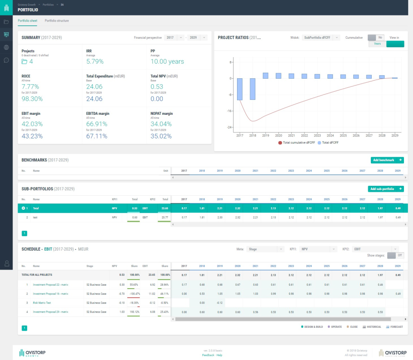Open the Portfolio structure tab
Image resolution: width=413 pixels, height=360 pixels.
tap(56, 21)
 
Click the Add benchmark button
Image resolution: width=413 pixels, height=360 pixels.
tap(387, 160)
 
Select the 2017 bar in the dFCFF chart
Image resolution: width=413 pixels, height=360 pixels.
tap(240, 89)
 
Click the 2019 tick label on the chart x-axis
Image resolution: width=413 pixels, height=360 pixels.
tap(265, 135)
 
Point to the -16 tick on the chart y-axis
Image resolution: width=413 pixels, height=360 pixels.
tap(230, 111)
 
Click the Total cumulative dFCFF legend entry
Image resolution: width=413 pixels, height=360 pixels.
tap(299, 142)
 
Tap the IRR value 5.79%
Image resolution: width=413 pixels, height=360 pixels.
tap(95, 62)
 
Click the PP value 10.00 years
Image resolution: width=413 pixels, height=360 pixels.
tap(167, 62)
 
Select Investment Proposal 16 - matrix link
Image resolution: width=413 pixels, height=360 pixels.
tap(50, 294)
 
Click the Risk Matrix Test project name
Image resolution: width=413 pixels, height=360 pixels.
tap(42, 303)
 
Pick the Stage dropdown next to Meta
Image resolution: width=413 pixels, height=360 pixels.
tap(265, 249)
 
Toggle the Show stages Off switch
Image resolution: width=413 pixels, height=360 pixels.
tap(395, 255)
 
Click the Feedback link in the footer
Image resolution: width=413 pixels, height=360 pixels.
tap(208, 355)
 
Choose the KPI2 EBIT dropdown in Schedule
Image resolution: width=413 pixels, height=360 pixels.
tap(376, 249)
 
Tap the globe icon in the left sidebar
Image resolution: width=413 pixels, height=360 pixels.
tap(6, 47)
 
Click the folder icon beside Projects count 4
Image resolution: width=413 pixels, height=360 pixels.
tap(25, 62)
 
